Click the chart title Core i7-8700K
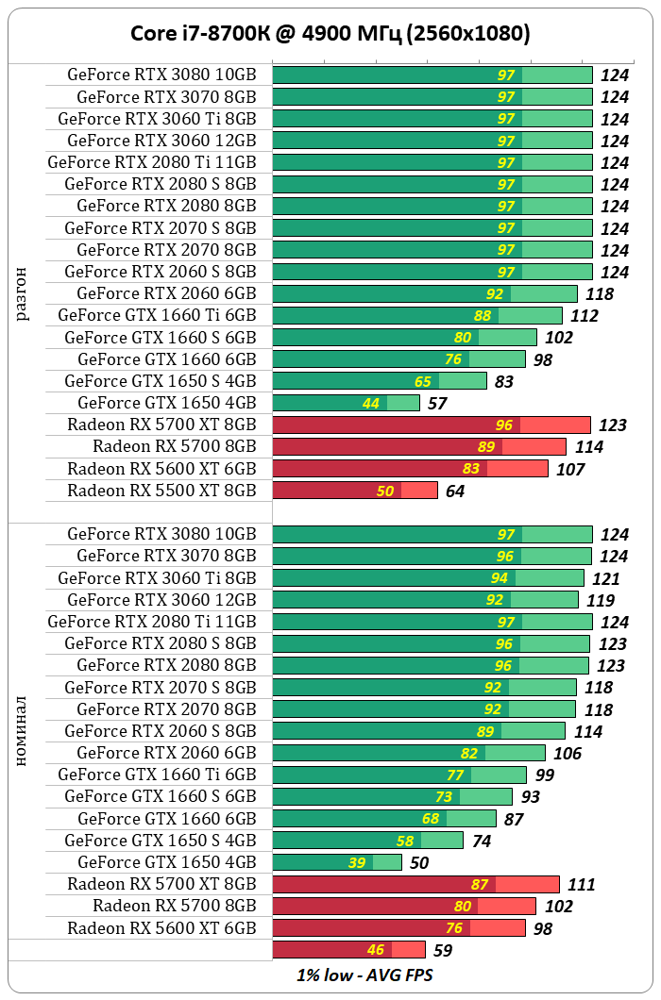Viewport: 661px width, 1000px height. click(330, 33)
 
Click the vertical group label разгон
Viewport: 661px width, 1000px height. click(23, 294)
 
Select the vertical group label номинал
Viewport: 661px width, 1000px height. click(23, 731)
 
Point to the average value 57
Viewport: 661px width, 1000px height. click(438, 404)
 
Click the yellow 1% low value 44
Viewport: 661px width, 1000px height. click(370, 404)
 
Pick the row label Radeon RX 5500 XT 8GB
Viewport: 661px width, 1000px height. click(161, 490)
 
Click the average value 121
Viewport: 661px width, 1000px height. click(603, 578)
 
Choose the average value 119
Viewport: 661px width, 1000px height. click(598, 600)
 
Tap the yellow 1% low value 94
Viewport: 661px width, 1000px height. click(499, 578)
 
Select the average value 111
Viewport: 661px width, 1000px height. click(581, 885)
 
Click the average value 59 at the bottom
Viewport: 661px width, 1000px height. click(444, 951)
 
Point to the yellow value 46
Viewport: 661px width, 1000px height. click(375, 950)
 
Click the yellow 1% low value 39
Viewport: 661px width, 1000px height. click(358, 862)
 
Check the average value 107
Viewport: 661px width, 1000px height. click(570, 469)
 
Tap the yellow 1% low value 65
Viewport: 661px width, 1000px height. click(422, 382)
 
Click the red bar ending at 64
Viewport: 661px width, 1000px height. click(354, 491)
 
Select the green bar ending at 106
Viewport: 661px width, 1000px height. click(408, 753)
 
